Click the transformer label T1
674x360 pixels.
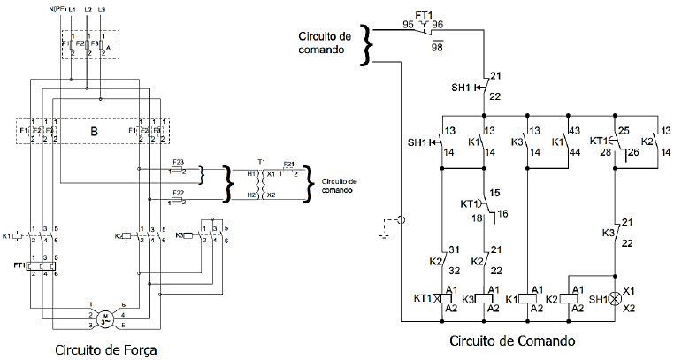pyautogui.click(x=261, y=161)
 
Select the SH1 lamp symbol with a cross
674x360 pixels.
pyautogui.click(x=616, y=299)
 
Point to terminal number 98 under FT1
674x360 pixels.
pyautogui.click(x=436, y=46)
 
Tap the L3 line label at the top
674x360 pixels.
pyautogui.click(x=103, y=8)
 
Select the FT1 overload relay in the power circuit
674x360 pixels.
pyautogui.click(x=42, y=264)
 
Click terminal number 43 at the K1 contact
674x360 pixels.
pyautogui.click(x=576, y=131)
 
